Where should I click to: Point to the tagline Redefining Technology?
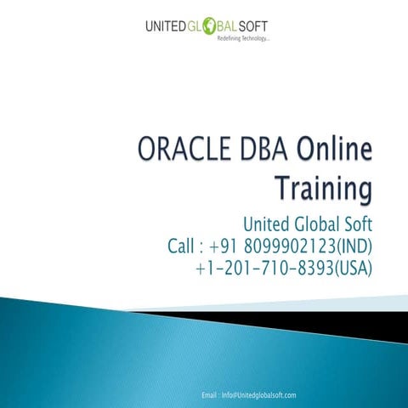pyautogui.click(x=243, y=40)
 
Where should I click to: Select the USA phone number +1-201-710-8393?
pyautogui.click(x=263, y=269)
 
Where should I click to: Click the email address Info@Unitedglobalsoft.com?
pyautogui.click(x=258, y=395)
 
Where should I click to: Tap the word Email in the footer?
pyautogui.click(x=210, y=395)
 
